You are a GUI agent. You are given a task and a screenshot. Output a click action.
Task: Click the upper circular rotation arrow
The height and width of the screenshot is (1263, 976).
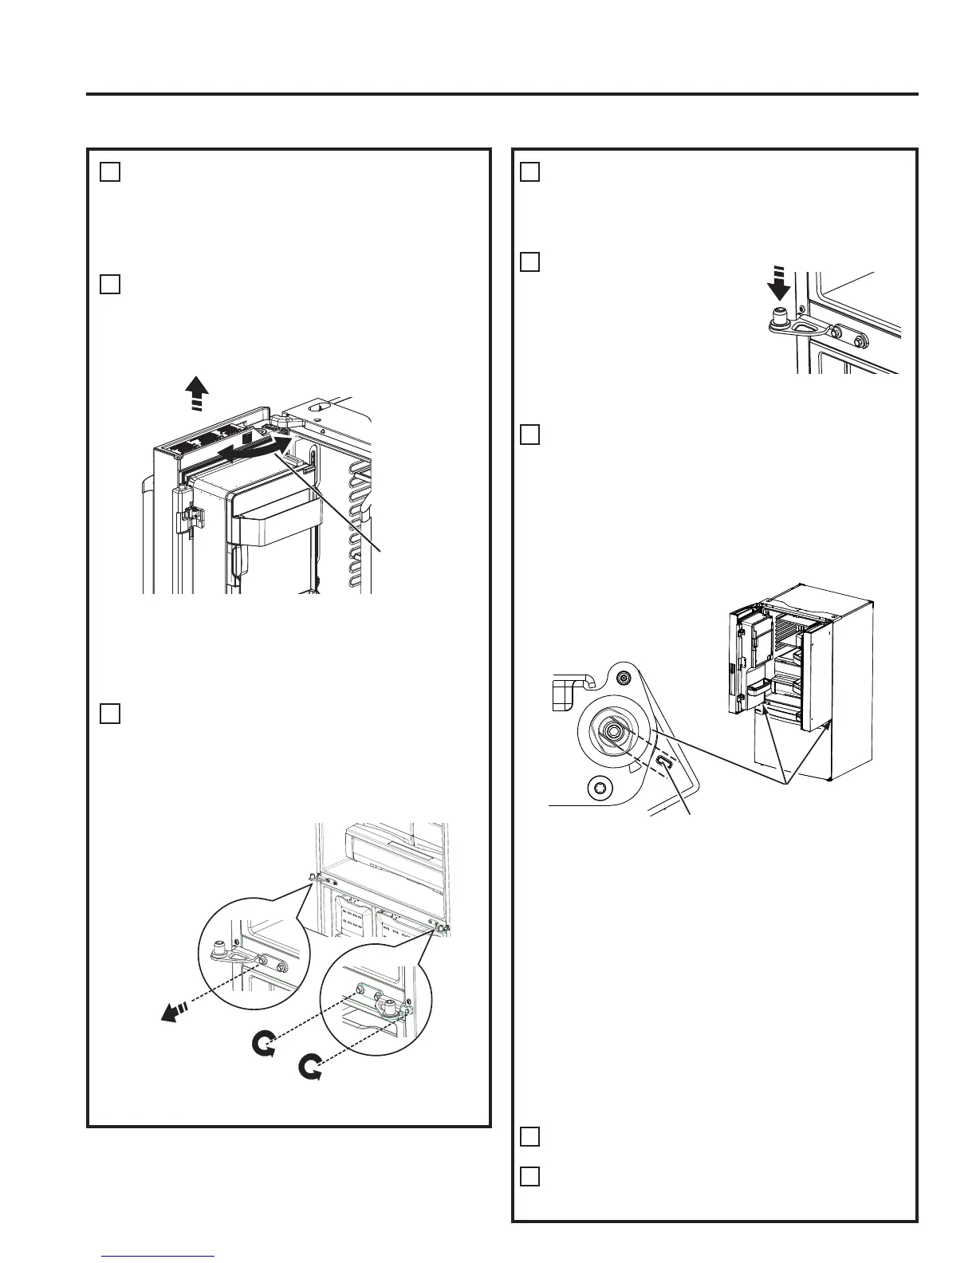(262, 1043)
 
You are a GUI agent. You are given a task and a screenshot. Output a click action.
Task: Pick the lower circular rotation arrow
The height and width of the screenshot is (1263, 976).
(310, 1067)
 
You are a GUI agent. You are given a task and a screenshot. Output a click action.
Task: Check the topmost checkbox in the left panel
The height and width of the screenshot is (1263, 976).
(110, 171)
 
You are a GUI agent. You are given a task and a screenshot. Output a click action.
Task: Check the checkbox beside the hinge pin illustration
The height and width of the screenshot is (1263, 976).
(530, 262)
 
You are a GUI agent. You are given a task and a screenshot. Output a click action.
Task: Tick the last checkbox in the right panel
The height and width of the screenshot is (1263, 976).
(530, 1176)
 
